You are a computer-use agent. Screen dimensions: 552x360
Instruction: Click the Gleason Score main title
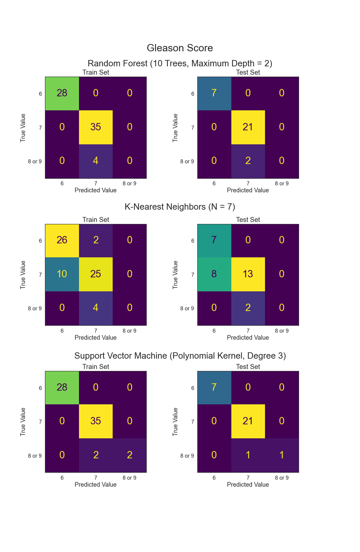(x=180, y=48)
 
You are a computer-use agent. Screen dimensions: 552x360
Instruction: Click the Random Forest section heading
(x=180, y=63)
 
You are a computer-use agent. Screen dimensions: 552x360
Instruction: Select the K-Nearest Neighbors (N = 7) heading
(x=180, y=207)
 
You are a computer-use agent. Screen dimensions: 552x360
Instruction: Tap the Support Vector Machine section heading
(x=180, y=356)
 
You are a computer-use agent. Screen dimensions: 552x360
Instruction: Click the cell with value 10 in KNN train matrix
(x=62, y=274)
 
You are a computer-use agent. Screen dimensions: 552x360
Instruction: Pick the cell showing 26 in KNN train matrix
(x=62, y=240)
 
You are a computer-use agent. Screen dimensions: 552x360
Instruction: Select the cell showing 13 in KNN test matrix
(x=248, y=274)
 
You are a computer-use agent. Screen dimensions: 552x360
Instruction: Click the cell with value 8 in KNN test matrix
(x=214, y=274)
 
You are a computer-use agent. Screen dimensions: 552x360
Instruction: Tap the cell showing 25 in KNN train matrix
(x=96, y=274)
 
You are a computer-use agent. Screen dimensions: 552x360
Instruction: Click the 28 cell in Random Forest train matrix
(x=62, y=93)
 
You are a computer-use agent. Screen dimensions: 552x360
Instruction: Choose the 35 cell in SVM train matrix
(x=96, y=421)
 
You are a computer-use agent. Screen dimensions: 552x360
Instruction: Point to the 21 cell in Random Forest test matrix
(x=248, y=127)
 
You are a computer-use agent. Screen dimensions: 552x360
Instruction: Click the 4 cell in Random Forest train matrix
(x=96, y=161)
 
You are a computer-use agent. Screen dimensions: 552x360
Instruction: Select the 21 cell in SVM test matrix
(x=248, y=421)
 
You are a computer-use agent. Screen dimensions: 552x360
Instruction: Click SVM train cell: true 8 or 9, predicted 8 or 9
(x=130, y=455)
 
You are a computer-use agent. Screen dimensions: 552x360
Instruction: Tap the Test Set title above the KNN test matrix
(x=248, y=220)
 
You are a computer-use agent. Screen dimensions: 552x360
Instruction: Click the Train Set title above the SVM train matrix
(x=96, y=367)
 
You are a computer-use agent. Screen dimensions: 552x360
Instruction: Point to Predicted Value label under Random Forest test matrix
(x=248, y=190)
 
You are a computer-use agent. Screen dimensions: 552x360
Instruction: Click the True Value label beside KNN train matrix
(x=23, y=275)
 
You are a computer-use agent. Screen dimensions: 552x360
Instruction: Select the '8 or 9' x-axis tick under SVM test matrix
(x=282, y=478)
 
